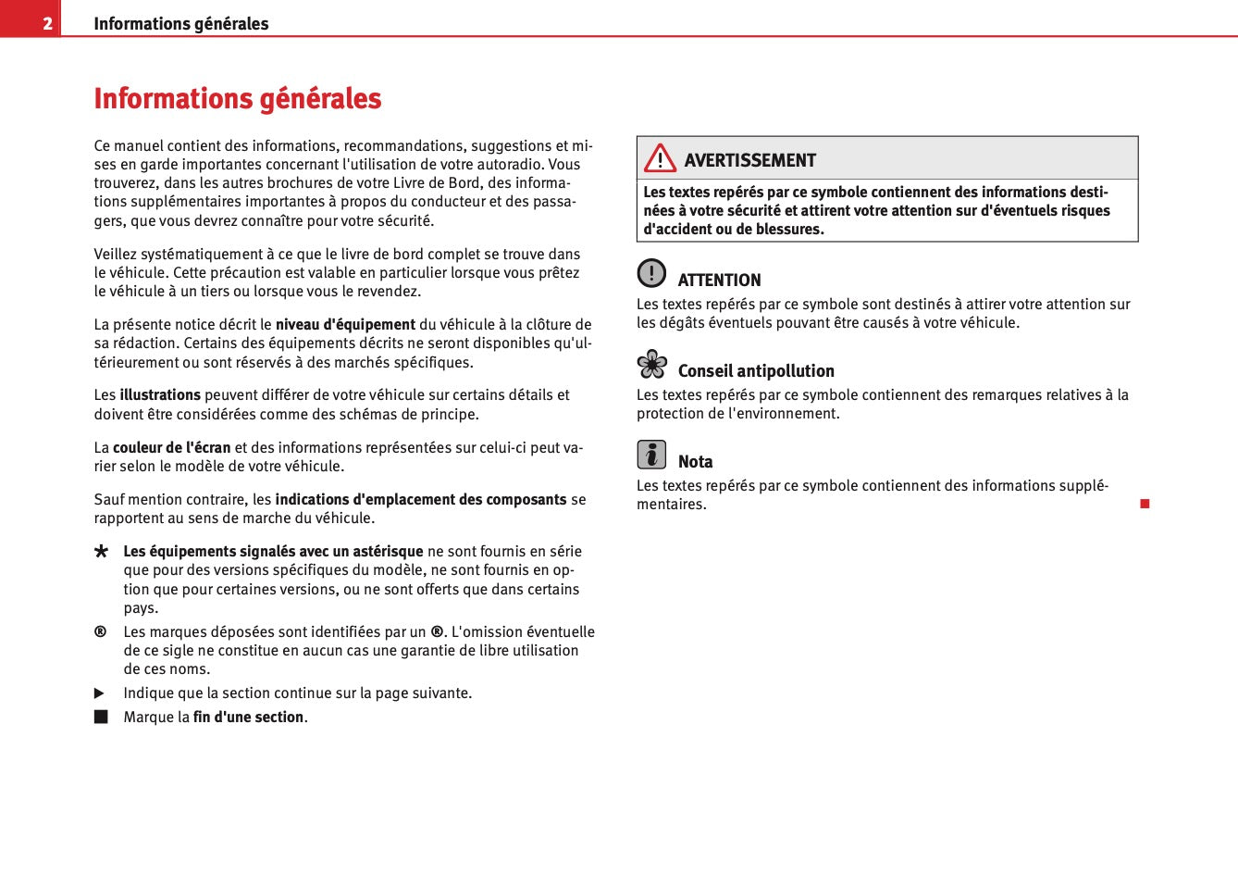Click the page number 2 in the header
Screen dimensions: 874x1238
coord(47,23)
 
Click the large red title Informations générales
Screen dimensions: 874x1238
coord(238,98)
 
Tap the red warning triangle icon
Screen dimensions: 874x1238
coord(660,159)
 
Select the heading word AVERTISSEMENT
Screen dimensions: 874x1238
coord(750,160)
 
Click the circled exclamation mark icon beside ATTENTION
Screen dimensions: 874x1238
coord(651,273)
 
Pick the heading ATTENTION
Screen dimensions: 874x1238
coord(719,280)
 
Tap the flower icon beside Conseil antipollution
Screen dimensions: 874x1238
coord(651,364)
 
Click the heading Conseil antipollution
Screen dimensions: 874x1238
coord(756,370)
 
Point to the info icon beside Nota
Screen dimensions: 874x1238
coord(651,455)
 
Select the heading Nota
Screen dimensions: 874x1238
coord(695,461)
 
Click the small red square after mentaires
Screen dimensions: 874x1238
coord(1145,504)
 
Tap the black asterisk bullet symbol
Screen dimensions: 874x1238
coord(101,552)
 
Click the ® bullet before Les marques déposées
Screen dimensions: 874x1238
coord(100,631)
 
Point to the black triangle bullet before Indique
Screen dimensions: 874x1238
coord(100,693)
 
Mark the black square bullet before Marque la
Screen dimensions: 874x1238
coord(101,717)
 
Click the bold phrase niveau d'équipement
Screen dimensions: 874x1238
coord(345,324)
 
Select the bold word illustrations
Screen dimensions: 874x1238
coord(160,394)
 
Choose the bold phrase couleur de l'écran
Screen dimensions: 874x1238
coord(172,447)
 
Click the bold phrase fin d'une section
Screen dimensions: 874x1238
coord(248,717)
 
